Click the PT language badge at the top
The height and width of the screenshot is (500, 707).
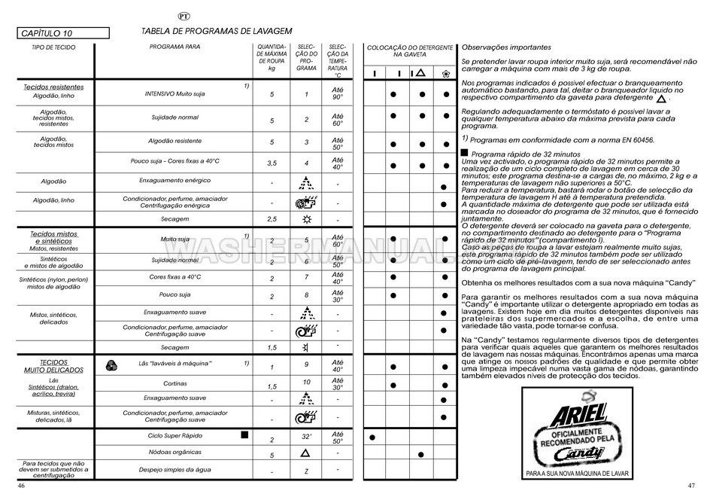(184, 16)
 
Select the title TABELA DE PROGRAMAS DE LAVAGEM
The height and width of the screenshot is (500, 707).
(217, 32)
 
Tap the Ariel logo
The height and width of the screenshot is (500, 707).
(580, 416)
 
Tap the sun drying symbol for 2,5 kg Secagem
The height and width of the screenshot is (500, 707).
(306, 218)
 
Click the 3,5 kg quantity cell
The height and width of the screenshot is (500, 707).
(272, 163)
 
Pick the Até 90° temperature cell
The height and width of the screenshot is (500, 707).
(338, 93)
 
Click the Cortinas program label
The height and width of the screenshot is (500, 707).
(174, 383)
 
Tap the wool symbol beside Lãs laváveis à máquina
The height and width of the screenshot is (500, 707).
(111, 364)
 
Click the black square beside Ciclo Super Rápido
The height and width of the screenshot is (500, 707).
(243, 435)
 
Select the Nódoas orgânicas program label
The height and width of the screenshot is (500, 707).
(174, 452)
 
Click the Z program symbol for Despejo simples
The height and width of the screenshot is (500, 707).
(306, 471)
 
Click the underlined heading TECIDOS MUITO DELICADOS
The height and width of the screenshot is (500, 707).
(53, 367)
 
